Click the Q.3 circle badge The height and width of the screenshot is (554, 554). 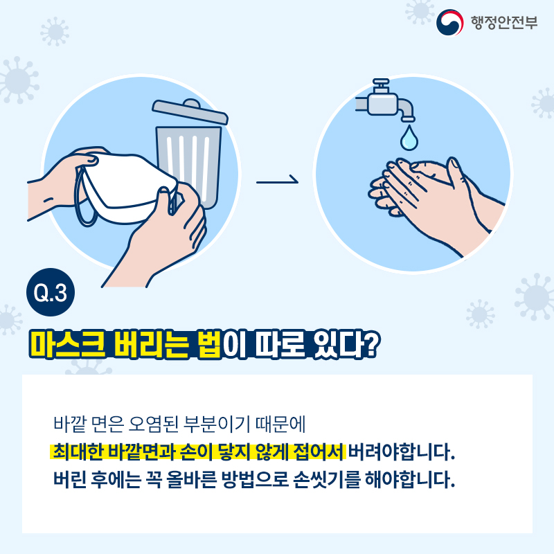[x=51, y=292]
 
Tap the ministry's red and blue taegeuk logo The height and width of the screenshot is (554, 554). [x=449, y=22]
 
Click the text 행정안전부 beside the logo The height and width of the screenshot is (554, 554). [x=504, y=23]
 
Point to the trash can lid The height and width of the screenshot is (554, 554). [x=190, y=111]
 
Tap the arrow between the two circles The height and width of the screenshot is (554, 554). [x=278, y=181]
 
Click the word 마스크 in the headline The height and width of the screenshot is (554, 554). [x=67, y=344]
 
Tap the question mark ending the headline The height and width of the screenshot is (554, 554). [x=371, y=344]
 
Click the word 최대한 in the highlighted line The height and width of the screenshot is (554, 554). [x=78, y=452]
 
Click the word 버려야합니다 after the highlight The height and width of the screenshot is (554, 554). [x=402, y=452]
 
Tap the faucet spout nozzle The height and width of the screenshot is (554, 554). [x=409, y=119]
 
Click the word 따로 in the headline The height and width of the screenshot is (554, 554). [x=280, y=344]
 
